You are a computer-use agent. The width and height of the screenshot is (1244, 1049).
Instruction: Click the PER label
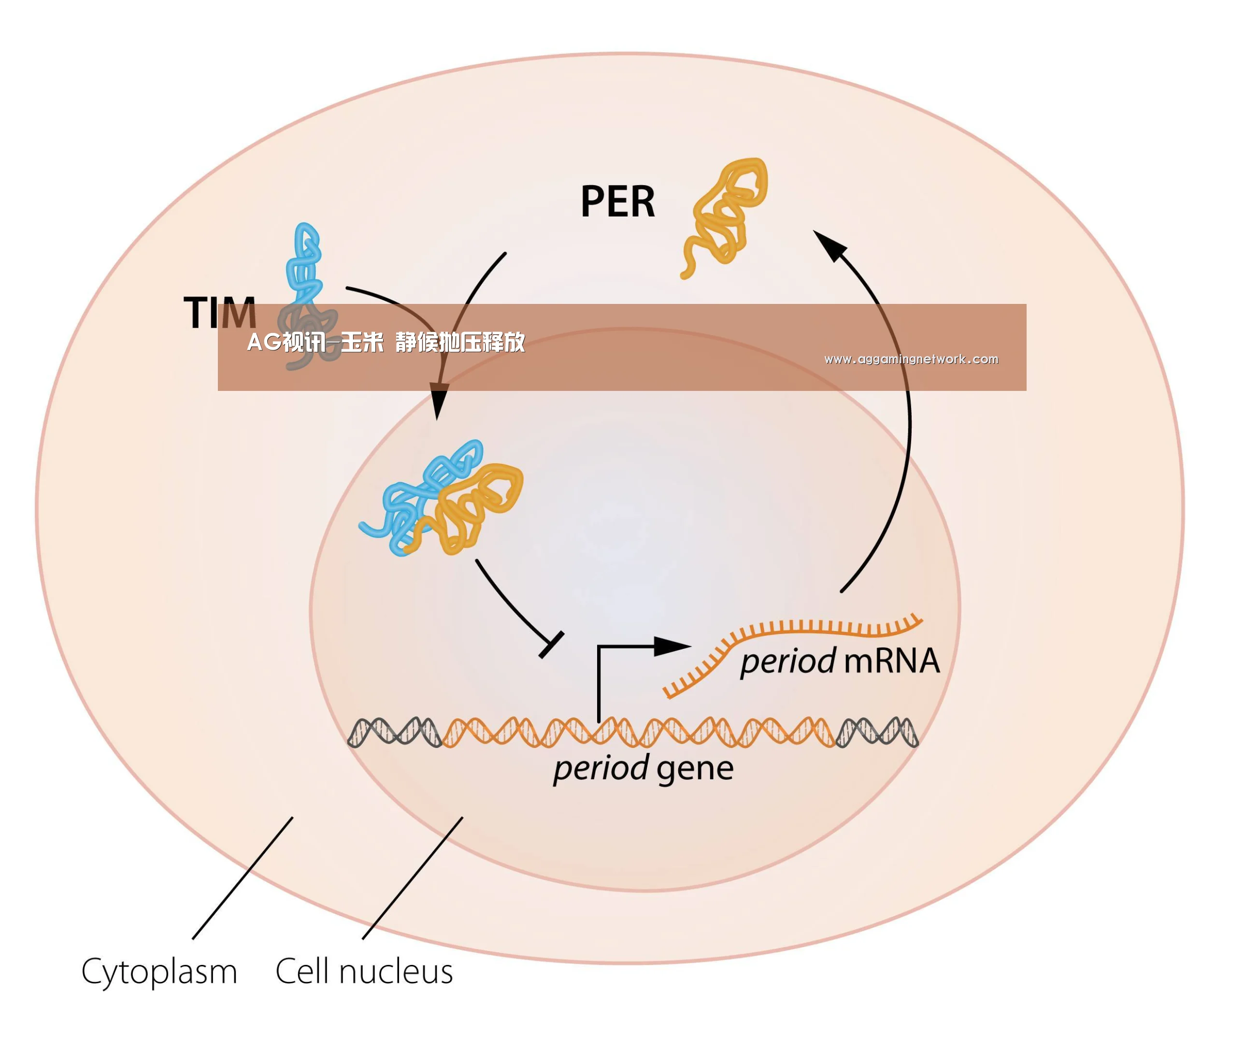617,201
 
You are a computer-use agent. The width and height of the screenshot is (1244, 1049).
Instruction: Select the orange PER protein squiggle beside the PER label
724,217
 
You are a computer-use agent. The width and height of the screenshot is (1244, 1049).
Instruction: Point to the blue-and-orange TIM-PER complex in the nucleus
441,498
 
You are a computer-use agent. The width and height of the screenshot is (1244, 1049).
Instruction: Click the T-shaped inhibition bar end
551,645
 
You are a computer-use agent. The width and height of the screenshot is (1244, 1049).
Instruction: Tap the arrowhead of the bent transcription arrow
672,647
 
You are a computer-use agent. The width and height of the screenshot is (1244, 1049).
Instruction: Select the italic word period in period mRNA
788,662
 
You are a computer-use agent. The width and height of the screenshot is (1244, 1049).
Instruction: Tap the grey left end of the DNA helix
394,732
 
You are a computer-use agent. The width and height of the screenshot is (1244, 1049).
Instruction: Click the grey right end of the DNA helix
877,732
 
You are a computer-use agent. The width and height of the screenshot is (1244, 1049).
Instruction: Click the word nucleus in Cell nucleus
396,972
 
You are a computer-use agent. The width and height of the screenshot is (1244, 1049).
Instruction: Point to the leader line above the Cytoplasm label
243,878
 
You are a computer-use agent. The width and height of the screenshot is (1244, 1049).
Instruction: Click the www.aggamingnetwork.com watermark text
911,359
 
